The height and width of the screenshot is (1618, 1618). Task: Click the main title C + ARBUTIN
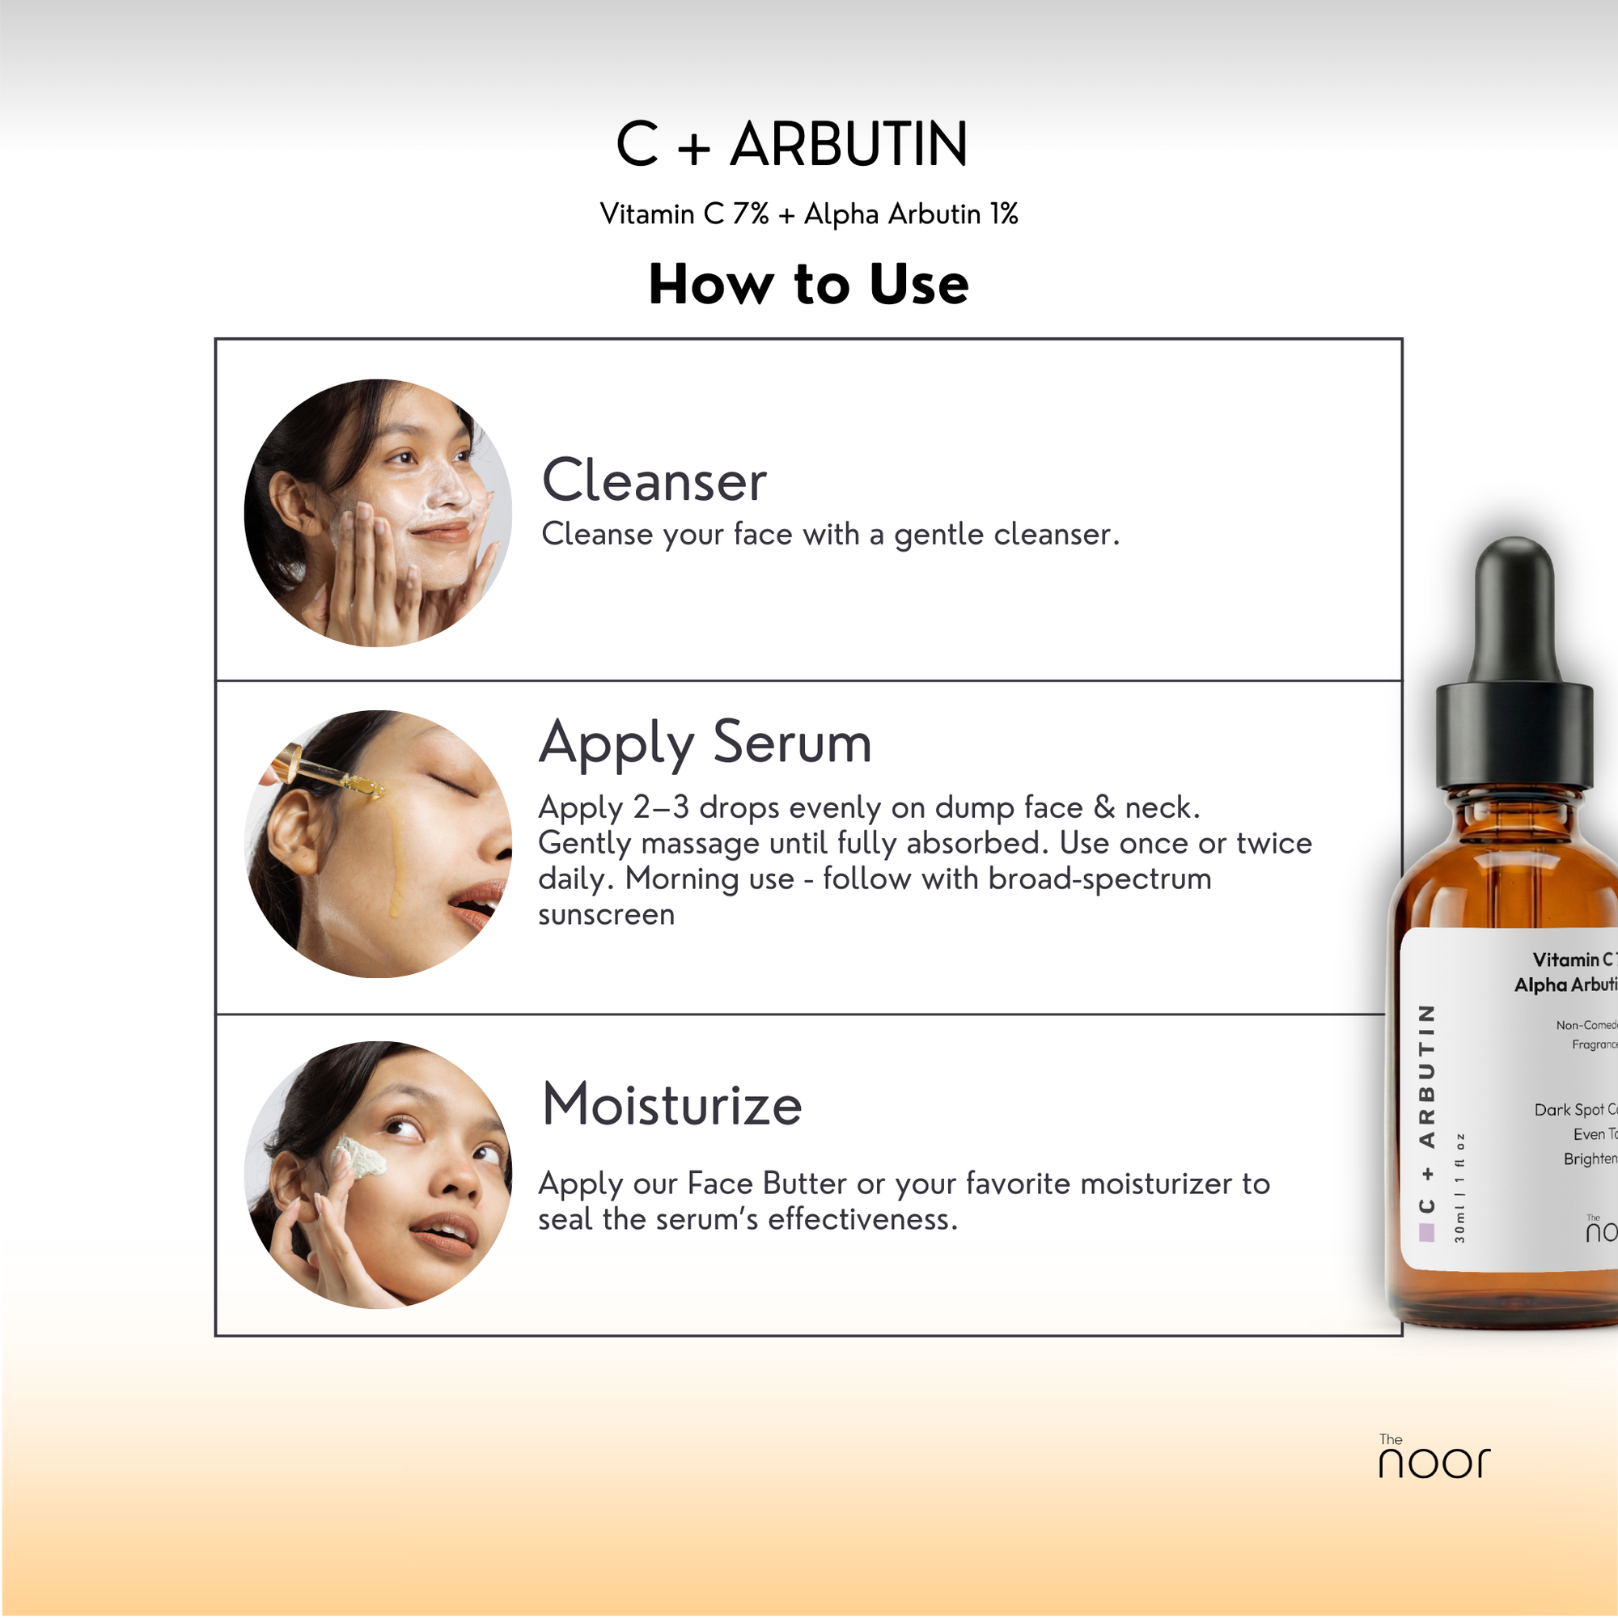point(791,144)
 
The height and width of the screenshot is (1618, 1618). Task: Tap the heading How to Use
point(808,284)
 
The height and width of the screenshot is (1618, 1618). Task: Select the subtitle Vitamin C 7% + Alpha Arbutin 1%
point(808,214)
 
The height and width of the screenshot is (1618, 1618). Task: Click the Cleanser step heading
point(654,481)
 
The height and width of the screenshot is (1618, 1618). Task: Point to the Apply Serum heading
point(705,743)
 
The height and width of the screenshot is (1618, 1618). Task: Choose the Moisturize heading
point(671,1104)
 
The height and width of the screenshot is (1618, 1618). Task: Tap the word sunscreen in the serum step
point(606,914)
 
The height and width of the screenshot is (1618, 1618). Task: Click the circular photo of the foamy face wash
point(378,513)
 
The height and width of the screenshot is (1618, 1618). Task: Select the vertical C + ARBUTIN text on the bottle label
point(1427,1109)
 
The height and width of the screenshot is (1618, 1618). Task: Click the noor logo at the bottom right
point(1433,1460)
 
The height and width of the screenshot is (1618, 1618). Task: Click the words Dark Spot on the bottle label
point(1569,1110)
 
